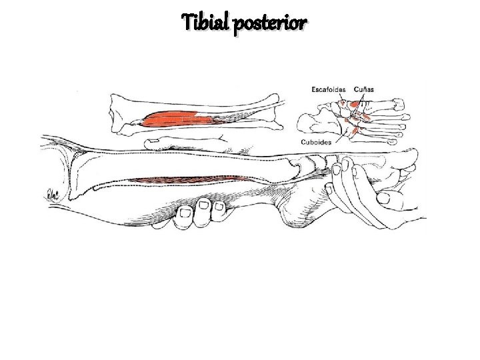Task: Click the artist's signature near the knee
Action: point(51,194)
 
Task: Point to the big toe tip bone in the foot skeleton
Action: point(398,103)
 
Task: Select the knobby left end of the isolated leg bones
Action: point(121,110)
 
